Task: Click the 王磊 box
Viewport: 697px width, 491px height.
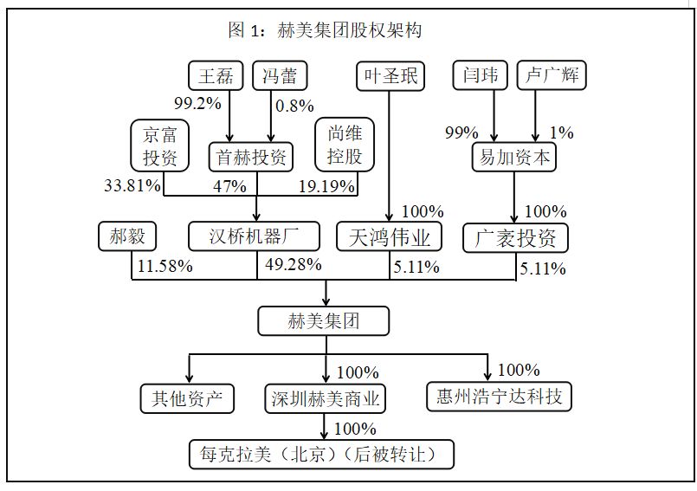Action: coord(216,75)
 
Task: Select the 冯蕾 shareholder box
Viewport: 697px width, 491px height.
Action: coord(280,75)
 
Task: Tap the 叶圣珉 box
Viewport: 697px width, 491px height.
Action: coord(390,75)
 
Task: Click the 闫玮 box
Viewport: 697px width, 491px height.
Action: coord(480,75)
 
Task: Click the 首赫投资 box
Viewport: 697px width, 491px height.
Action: coord(251,158)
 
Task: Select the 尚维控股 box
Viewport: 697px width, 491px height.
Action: coord(344,145)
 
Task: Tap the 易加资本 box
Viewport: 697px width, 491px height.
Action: coord(515,157)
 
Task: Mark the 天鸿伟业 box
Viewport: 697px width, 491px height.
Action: coord(389,236)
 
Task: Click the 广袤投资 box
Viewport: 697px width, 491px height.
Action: coord(515,237)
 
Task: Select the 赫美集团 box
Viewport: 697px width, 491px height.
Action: coord(323,322)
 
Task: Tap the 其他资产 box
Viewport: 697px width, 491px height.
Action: coord(188,398)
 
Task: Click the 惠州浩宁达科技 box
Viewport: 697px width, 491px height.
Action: coord(499,397)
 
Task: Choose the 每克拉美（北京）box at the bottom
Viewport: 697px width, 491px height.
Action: coord(321,453)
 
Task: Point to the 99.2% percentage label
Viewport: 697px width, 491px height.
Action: coord(197,103)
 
